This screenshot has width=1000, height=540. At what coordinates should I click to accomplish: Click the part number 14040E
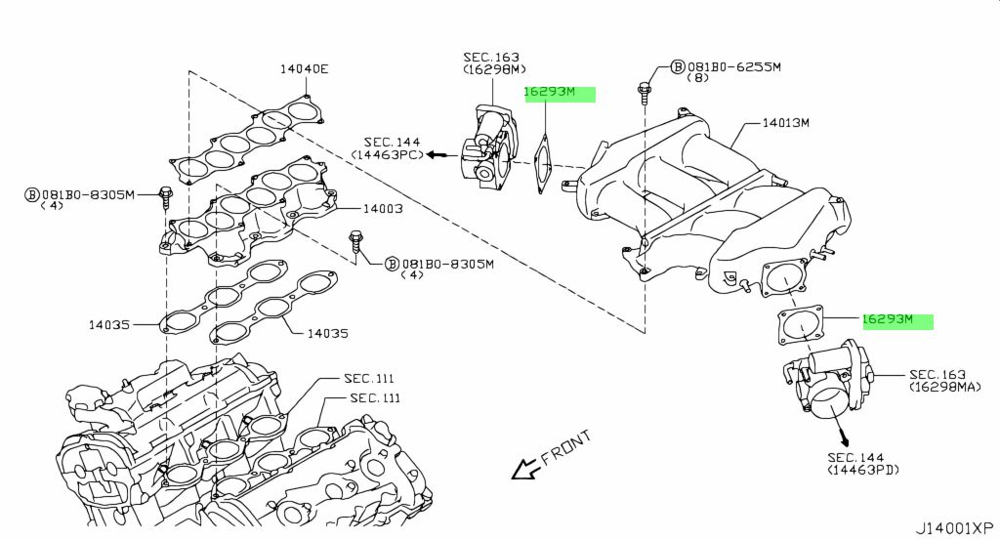point(304,68)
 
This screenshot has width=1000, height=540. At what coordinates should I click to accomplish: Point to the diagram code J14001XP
point(954,527)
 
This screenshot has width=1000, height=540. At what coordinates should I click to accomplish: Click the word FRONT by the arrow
point(565,452)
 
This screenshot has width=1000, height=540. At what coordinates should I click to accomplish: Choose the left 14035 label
point(109,323)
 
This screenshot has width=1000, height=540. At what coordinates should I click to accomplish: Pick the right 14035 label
point(327,333)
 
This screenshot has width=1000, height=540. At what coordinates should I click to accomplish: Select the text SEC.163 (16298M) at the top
point(494,63)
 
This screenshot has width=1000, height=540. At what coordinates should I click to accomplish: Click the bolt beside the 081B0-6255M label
point(645,91)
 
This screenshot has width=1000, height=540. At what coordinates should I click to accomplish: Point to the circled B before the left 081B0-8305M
point(30,194)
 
